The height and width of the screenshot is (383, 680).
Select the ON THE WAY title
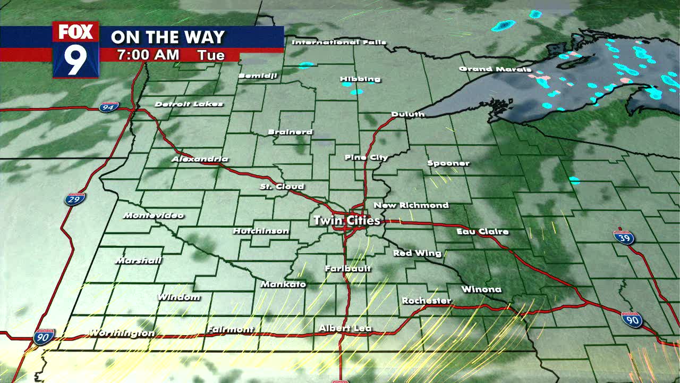[x=168, y=37]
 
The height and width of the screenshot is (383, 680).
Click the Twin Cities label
[x=346, y=220]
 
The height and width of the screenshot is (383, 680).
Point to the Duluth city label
[x=407, y=114]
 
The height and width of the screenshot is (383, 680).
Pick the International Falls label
[x=339, y=42]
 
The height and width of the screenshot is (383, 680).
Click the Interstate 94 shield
[x=108, y=107]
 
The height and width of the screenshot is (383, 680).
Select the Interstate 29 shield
[x=75, y=199]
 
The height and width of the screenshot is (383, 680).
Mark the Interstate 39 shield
[x=624, y=237]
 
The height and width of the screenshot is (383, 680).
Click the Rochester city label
[x=426, y=301]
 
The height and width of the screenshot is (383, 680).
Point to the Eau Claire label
[x=482, y=231]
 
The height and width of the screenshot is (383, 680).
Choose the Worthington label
[x=122, y=333]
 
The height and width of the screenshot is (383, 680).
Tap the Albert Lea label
[x=345, y=329]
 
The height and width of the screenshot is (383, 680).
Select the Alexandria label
[x=200, y=159]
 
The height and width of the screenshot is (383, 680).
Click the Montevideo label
[x=153, y=215]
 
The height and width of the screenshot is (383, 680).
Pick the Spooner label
[x=448, y=163]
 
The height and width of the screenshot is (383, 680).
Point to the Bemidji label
[x=258, y=76]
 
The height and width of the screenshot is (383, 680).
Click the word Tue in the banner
[x=211, y=55]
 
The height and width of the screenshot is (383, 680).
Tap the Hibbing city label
[x=360, y=79]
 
